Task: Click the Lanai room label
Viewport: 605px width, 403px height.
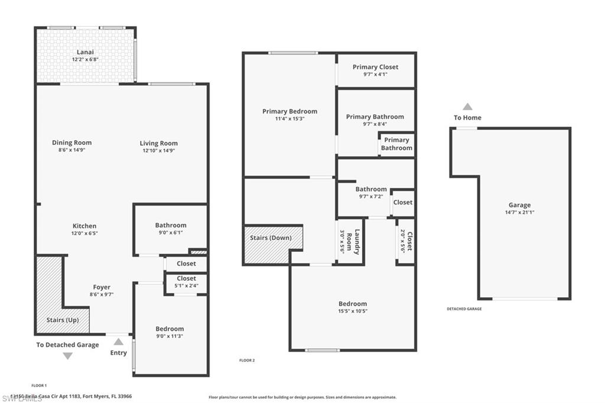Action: coord(85,53)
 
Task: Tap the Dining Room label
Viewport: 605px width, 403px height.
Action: coord(71,142)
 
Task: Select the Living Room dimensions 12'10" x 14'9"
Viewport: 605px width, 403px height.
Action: coord(158,151)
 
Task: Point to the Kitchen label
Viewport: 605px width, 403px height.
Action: coord(84,226)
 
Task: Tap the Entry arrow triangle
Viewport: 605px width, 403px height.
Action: coord(119,342)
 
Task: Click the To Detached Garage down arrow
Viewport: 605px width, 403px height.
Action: coord(67,356)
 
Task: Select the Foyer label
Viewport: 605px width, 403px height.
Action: coord(102,287)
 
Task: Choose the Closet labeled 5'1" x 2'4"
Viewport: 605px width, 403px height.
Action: coord(186,282)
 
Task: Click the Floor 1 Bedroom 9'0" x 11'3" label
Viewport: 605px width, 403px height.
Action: coord(170,329)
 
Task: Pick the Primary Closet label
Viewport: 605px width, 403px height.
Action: coord(375,67)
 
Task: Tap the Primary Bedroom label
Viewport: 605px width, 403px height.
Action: coord(290,111)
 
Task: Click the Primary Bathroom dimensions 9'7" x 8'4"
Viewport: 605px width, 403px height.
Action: coord(375,124)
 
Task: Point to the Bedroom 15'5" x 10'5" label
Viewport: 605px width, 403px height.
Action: coord(353,304)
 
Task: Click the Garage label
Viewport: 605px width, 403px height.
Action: coord(519,205)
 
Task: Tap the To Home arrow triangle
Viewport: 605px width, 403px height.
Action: coord(467,107)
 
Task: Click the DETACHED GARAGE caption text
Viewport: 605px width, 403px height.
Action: coord(464,309)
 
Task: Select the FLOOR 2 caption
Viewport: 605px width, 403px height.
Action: coord(246,360)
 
